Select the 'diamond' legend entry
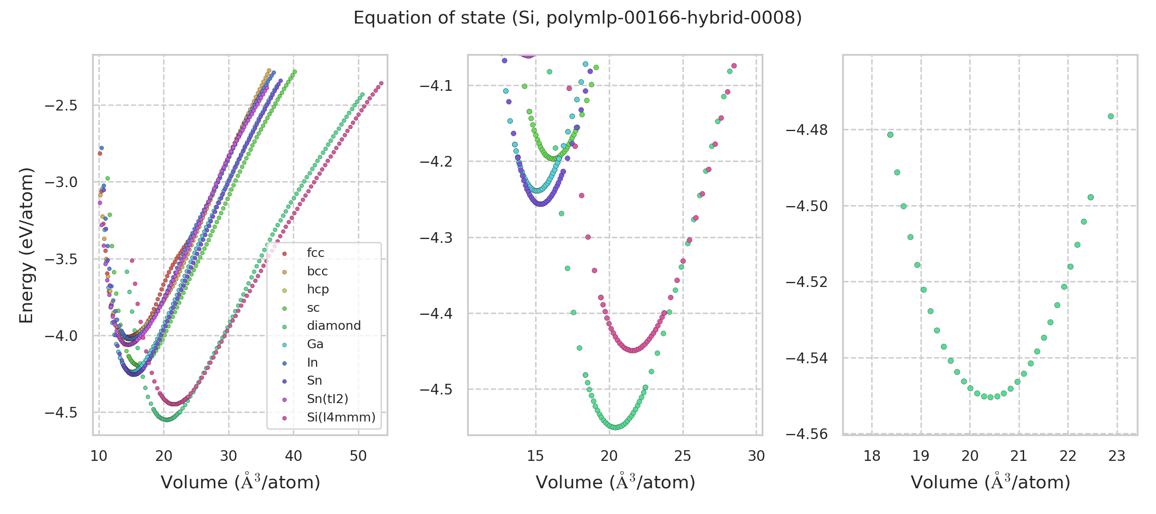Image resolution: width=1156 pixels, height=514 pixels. (x=334, y=326)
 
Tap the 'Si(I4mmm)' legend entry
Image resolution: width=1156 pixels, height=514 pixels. (x=341, y=417)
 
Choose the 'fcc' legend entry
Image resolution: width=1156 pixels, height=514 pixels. (x=315, y=253)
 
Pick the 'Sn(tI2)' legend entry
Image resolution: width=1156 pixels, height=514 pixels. (x=327, y=399)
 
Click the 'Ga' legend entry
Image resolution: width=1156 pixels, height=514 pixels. (x=315, y=344)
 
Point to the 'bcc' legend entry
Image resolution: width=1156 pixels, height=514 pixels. (x=317, y=271)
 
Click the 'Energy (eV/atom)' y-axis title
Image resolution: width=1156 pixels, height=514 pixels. (x=26, y=245)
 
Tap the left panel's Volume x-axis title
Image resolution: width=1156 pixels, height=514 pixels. (x=240, y=482)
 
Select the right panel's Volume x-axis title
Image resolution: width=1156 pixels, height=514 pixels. (x=990, y=482)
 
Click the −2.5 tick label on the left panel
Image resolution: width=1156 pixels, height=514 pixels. (x=61, y=106)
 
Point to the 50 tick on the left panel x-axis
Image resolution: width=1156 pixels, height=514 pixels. (x=358, y=456)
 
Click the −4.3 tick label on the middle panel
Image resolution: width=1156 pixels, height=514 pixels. (x=436, y=237)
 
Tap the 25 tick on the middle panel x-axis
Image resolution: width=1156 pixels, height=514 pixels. (x=682, y=456)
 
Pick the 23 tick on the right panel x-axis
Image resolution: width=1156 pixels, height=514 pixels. (x=1117, y=456)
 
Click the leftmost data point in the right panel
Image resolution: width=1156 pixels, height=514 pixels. (x=891, y=134)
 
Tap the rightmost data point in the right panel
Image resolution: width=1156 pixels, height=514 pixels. (x=1111, y=116)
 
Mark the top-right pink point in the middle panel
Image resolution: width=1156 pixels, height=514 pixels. (x=734, y=66)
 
